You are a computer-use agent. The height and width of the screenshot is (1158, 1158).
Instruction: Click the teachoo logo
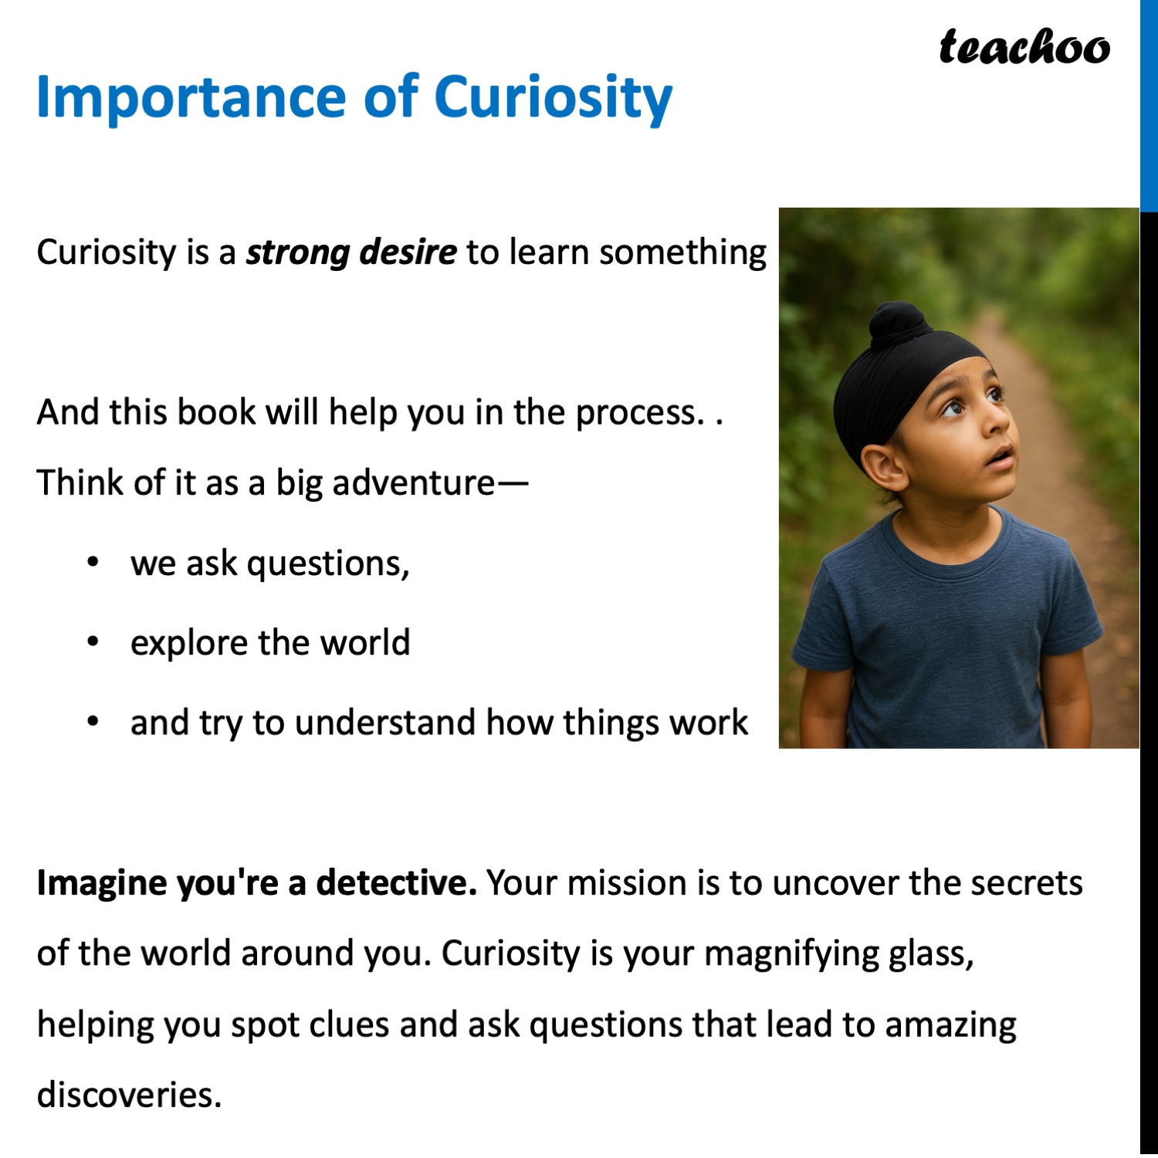[1024, 47]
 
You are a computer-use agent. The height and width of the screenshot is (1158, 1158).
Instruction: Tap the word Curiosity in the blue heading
[553, 98]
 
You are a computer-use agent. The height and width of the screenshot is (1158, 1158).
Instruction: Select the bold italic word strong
[297, 252]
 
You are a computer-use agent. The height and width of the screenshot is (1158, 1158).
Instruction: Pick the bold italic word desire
[408, 252]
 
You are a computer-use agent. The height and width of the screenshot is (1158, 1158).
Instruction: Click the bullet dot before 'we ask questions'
[93, 562]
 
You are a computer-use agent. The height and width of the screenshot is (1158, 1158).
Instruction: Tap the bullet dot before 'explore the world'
[93, 642]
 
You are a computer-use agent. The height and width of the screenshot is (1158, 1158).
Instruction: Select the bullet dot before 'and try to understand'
[93, 722]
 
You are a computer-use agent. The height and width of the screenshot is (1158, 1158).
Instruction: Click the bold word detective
[396, 882]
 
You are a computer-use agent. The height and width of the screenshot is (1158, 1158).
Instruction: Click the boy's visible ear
[884, 467]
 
